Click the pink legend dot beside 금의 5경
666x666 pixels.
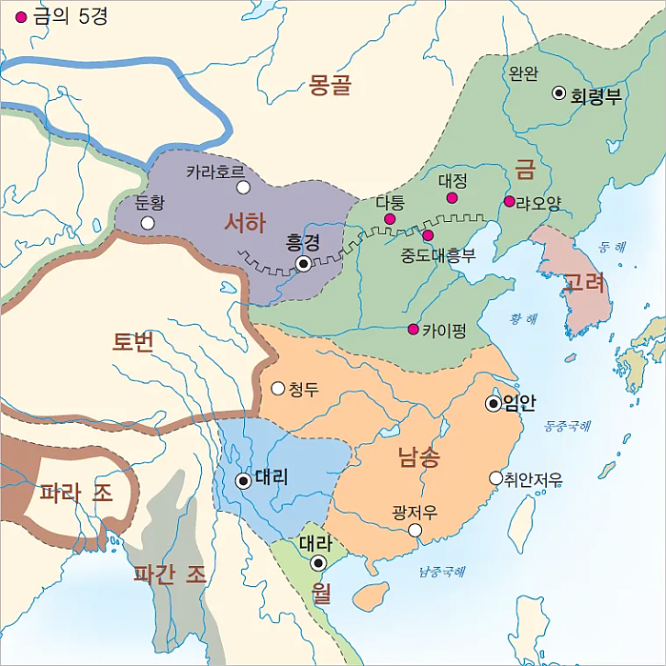(x=21, y=17)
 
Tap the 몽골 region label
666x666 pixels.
(x=331, y=86)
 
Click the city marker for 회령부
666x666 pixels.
(x=559, y=93)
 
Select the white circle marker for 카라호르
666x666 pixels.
(x=243, y=187)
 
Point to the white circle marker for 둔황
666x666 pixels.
(x=148, y=223)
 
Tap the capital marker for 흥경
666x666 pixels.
(x=303, y=263)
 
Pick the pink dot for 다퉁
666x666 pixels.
(x=390, y=220)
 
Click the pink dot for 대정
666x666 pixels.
(x=452, y=198)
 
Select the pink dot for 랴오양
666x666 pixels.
(x=510, y=201)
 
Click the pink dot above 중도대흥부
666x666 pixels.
(x=429, y=235)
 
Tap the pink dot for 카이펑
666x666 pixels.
(x=413, y=330)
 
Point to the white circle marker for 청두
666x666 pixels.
(x=278, y=388)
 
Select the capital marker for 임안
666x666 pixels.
(x=494, y=404)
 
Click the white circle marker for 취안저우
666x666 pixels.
(x=494, y=478)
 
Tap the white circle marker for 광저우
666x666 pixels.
(x=414, y=531)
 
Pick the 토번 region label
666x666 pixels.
(x=132, y=342)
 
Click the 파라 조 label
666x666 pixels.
(x=76, y=494)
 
